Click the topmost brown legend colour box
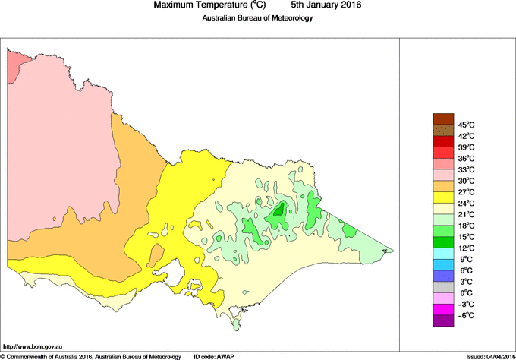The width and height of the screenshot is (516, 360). pos(443,118)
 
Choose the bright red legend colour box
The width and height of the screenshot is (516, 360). pos(443,141)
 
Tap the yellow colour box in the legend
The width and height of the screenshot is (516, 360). pos(443,197)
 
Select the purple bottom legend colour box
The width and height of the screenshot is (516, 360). pos(443,321)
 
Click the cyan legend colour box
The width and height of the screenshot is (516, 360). pos(443,253)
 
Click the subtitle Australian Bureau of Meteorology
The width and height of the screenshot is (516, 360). pos(257,18)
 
